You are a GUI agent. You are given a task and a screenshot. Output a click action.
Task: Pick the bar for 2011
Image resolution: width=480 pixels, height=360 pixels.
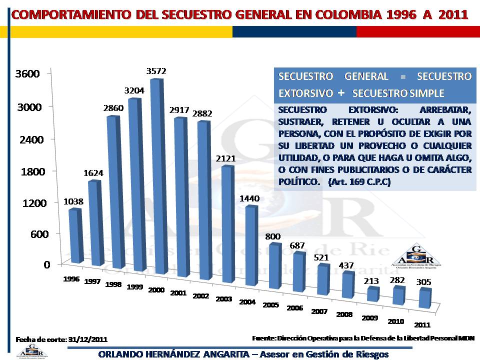[424, 299]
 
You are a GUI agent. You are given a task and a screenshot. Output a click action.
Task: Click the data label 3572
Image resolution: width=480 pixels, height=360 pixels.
[156, 71]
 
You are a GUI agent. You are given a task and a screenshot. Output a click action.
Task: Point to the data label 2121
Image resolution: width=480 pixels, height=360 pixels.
[225, 158]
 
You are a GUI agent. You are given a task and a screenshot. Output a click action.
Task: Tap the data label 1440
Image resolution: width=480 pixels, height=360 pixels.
[249, 198]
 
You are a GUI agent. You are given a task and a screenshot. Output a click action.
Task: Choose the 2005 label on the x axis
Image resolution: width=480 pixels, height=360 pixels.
[270, 304]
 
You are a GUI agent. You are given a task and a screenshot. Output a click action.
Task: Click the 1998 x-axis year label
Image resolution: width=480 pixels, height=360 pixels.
[114, 284]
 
